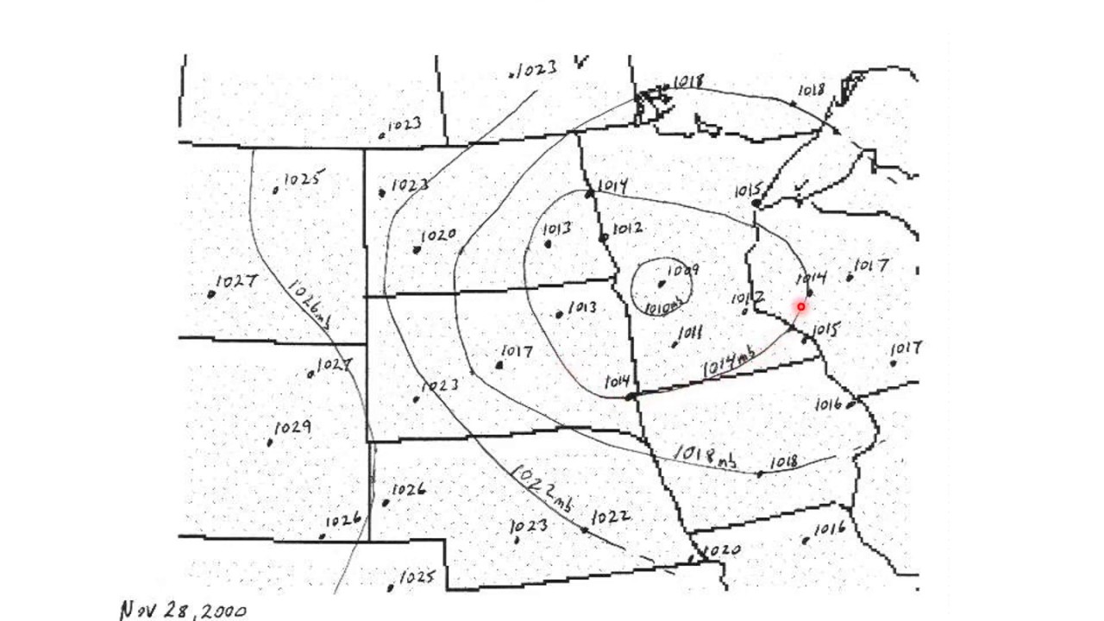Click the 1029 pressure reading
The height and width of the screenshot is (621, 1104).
(x=293, y=428)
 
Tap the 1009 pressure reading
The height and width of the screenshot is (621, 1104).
(x=682, y=271)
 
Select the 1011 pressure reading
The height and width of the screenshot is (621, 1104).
(x=691, y=333)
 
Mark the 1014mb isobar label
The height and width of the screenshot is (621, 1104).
(x=729, y=361)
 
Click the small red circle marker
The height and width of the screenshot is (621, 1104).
(x=801, y=306)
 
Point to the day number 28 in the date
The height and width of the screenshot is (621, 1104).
(x=177, y=611)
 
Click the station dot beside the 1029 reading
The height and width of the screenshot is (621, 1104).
(x=270, y=443)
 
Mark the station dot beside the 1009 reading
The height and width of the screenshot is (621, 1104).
(x=662, y=284)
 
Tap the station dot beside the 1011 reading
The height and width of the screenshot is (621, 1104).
(x=674, y=345)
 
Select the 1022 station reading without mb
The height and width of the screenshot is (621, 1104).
(x=612, y=516)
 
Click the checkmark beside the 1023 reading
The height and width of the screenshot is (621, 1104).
(x=582, y=61)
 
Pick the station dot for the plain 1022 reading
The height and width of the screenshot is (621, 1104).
(x=586, y=530)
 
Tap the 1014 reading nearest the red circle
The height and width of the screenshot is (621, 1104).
(x=812, y=278)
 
